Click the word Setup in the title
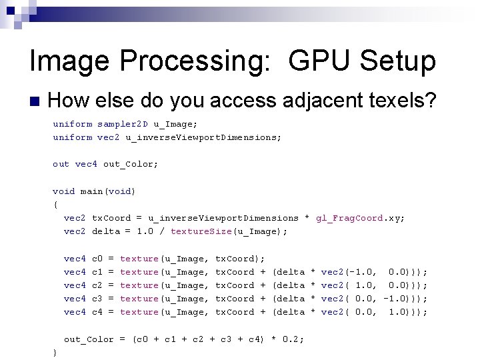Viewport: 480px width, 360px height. (x=397, y=61)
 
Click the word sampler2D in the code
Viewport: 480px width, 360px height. (x=123, y=124)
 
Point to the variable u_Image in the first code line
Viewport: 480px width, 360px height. (x=175, y=124)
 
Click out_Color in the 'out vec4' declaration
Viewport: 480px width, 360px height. (x=131, y=164)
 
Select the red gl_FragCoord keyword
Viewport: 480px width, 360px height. (x=349, y=218)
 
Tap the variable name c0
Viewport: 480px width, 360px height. (x=97, y=258)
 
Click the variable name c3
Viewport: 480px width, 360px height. (x=97, y=299)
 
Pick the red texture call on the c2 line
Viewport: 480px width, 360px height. (x=139, y=285)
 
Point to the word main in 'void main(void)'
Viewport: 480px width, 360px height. (x=91, y=191)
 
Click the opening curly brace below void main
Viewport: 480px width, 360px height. (x=55, y=205)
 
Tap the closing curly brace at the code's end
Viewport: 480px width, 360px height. (x=55, y=353)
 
